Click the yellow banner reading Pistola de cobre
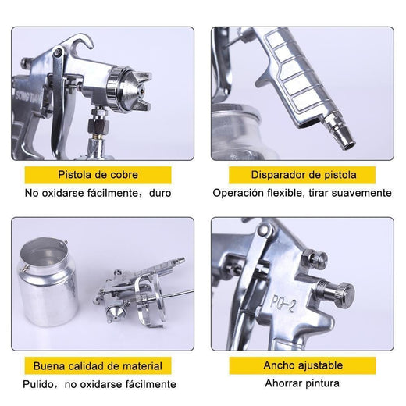tap(98, 175)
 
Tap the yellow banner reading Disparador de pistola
tap(302, 175)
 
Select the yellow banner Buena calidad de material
tap(98, 365)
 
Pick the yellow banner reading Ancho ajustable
tap(302, 365)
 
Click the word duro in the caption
tap(160, 193)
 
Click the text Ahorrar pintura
tap(302, 383)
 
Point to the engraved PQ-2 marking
tap(283, 303)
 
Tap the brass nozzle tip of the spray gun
tap(142, 92)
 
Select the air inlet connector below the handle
tap(339, 130)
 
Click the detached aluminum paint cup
tap(48, 282)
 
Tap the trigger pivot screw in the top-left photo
tap(57, 52)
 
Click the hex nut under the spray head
tap(98, 126)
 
